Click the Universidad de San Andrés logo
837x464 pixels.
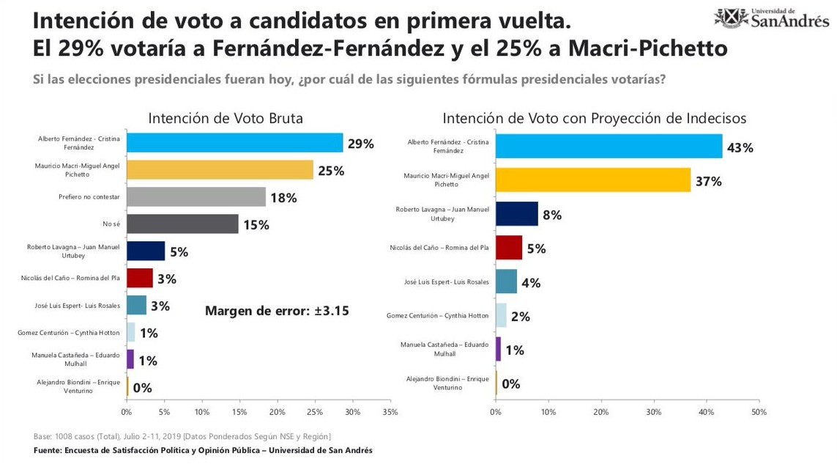772,18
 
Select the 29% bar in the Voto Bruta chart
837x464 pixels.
234,143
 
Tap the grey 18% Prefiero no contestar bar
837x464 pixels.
196,196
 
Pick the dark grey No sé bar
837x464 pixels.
182,224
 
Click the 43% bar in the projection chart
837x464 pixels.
609,146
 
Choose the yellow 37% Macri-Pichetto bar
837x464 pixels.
592,180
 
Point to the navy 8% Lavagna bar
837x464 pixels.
516,213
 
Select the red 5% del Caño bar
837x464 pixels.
508,248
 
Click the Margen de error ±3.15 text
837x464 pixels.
277,311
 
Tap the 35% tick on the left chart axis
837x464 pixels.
390,413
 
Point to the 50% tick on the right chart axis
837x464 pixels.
759,413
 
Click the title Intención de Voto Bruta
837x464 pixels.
226,119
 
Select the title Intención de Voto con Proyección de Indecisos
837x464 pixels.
594,119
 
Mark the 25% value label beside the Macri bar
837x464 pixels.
330,171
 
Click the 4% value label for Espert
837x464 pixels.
530,282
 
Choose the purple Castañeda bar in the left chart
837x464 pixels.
130,359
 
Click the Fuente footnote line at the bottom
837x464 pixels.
203,450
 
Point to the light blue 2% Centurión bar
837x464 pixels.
500,316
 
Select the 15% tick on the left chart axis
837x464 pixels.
239,413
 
